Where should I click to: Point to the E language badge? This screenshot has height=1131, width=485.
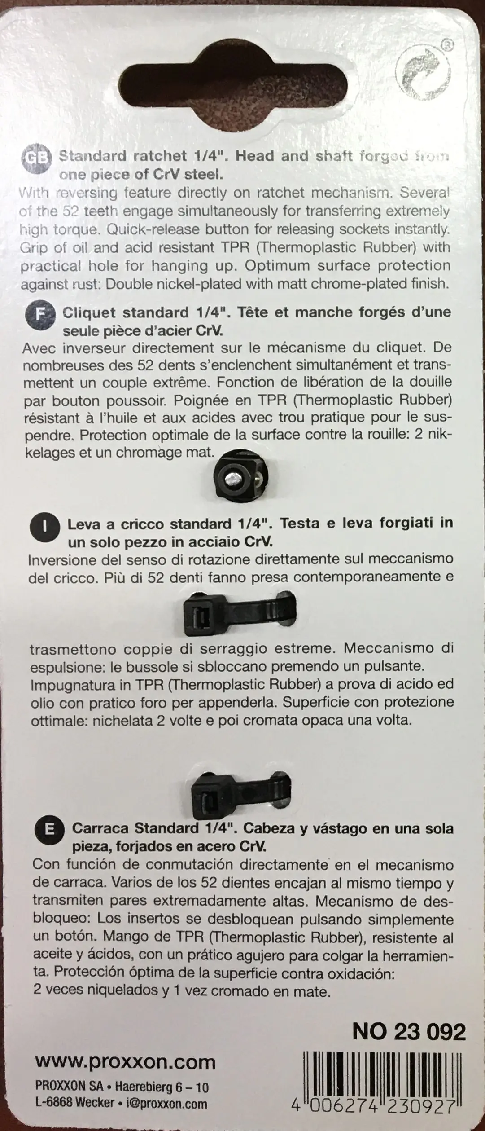[x=50, y=831]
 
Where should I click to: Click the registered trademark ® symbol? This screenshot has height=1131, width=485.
[x=446, y=45]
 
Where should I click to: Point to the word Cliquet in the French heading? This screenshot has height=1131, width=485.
[x=90, y=312]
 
